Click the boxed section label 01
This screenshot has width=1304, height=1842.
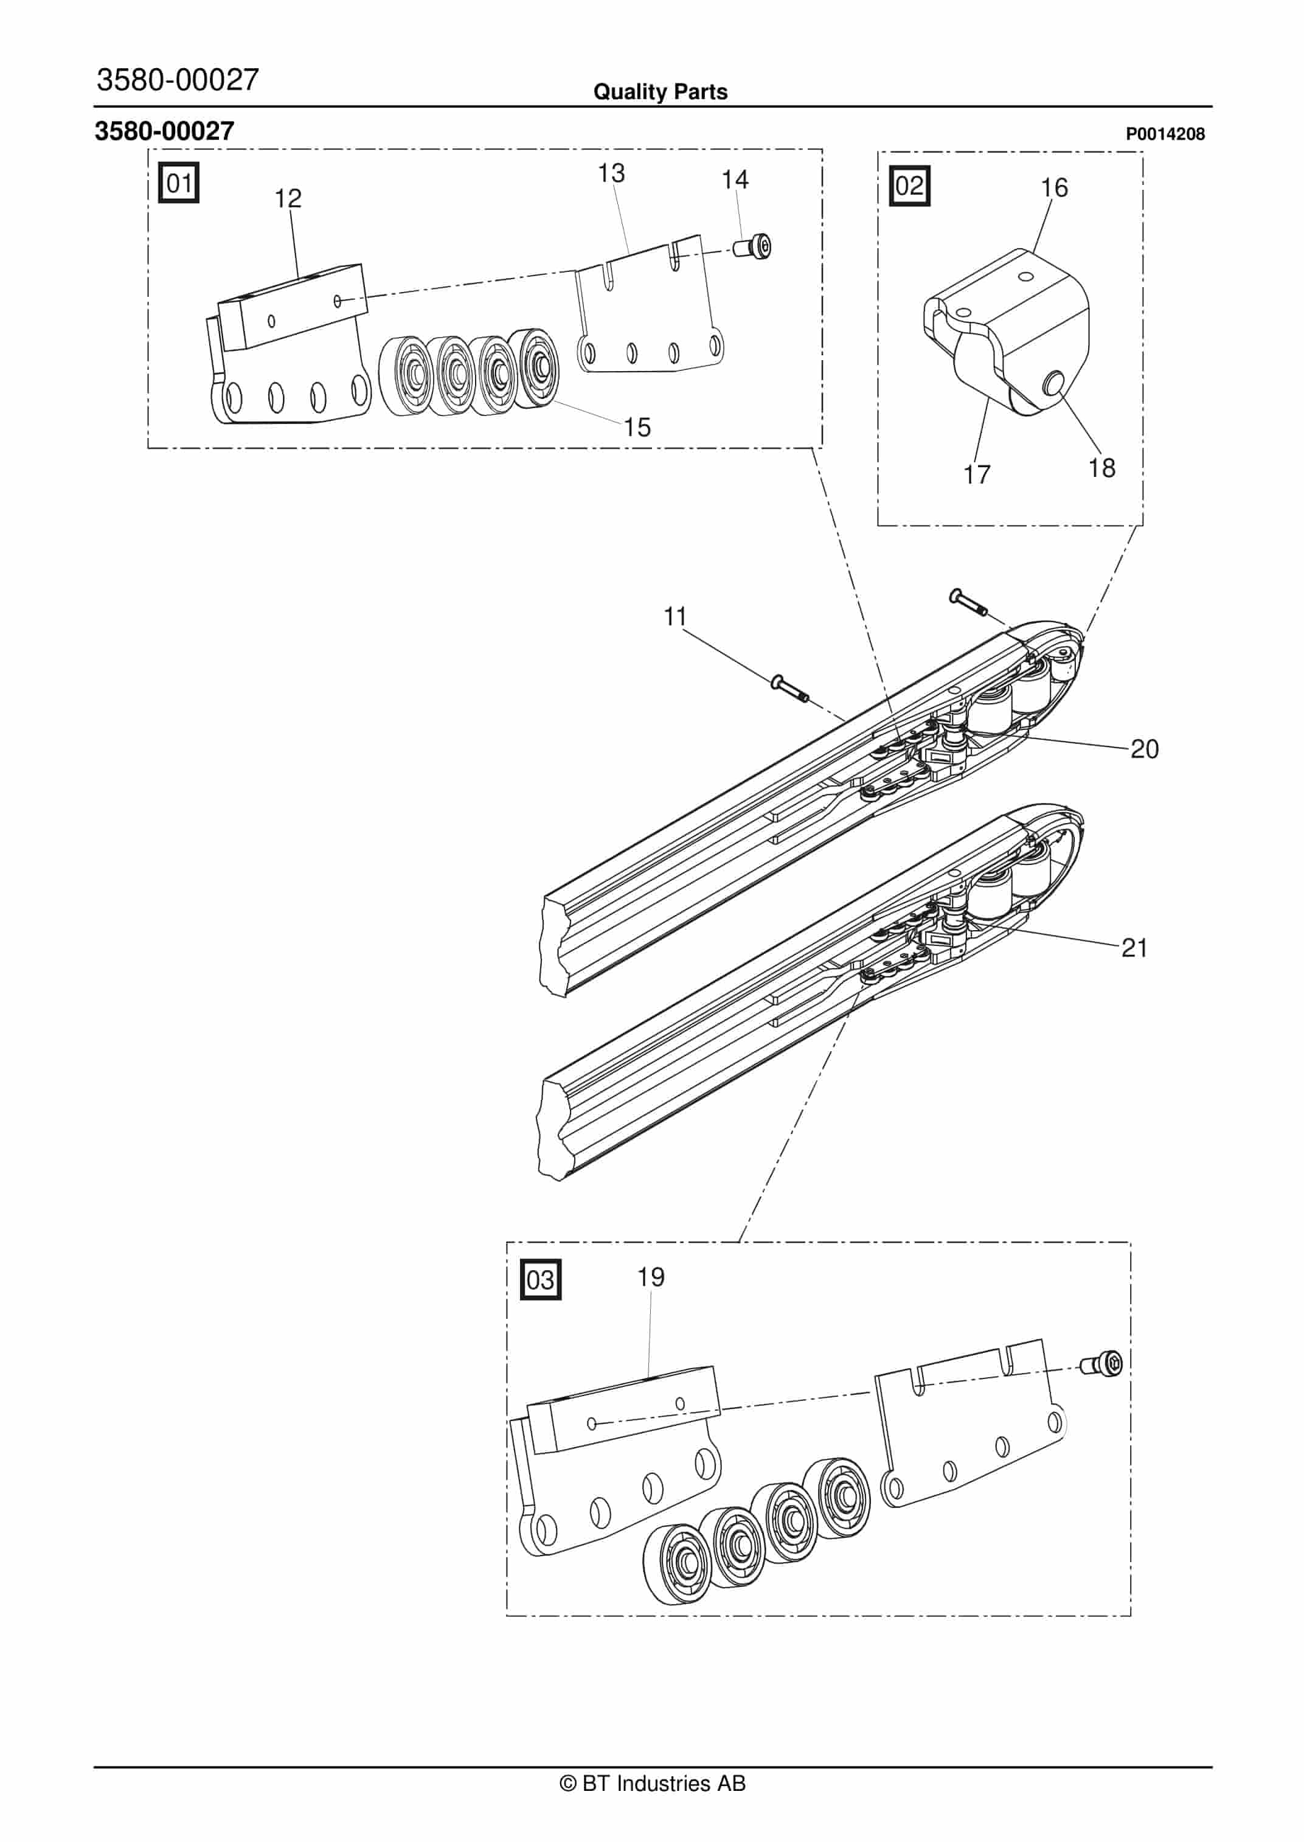178,183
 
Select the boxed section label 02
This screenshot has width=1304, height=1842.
910,186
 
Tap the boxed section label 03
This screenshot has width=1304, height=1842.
540,1279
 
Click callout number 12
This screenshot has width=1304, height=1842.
288,198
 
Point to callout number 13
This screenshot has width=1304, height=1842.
611,173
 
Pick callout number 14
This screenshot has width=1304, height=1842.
735,179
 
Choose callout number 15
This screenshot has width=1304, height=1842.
637,427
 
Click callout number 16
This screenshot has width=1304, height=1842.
1054,188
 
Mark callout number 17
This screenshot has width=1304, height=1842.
977,474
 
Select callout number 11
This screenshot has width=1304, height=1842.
675,617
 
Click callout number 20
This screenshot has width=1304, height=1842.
1144,749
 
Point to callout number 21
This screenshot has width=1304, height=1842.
1134,948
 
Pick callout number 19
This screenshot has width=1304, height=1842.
651,1277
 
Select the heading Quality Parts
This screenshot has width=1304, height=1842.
660,92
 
